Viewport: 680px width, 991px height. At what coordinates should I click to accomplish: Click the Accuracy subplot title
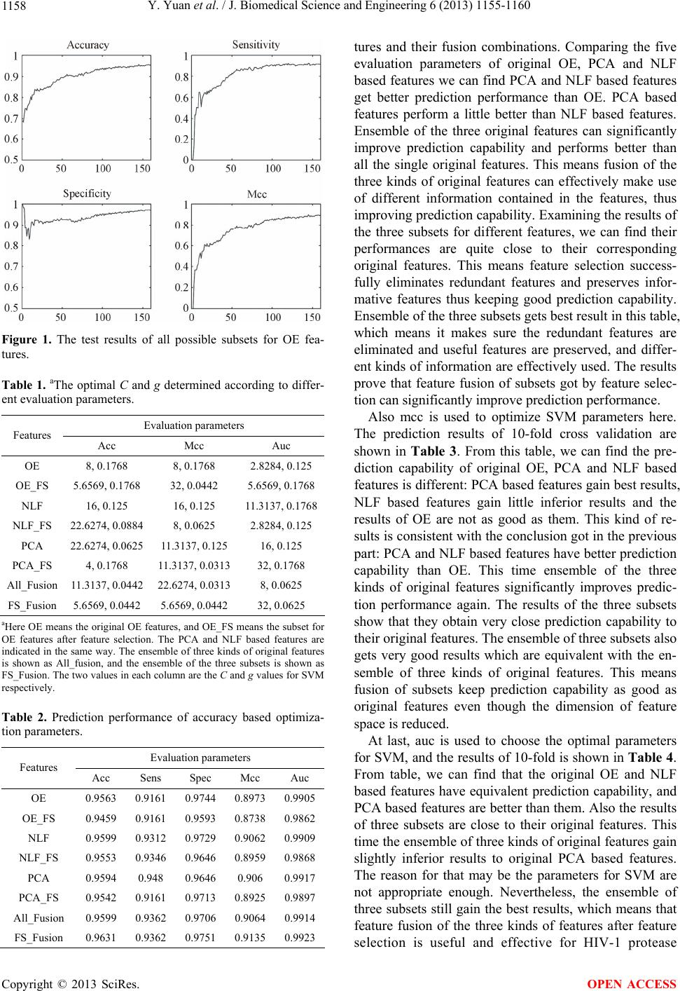88,45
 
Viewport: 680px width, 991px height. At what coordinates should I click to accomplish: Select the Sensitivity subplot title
256,45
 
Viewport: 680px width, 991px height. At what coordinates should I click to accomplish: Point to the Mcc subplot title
257,194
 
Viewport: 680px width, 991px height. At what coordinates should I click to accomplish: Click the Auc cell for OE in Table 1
282,465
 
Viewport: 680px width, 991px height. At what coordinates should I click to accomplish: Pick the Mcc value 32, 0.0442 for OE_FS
194,484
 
